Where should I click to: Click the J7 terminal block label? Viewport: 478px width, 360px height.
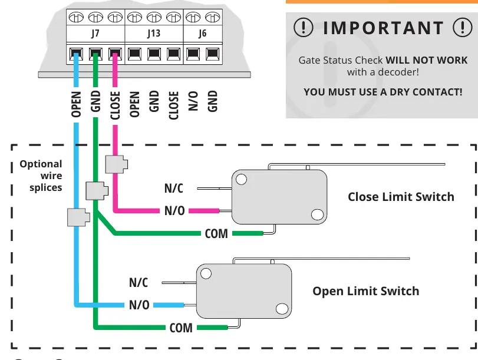pos(95,33)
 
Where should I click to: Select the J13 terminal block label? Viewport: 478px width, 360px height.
pos(154,33)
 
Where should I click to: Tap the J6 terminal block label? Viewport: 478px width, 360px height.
pos(202,33)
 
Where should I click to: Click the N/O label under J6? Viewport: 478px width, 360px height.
pos(193,101)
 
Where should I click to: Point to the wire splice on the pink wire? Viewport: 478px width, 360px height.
pos(117,164)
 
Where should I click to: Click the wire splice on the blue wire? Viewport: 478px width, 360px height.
pos(78,217)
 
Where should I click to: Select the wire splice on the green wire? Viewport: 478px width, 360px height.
pos(97,191)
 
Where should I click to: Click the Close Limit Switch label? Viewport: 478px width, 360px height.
pos(401,197)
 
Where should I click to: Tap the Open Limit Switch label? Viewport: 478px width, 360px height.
pos(366,291)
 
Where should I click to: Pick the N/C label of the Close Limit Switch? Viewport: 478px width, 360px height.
pos(173,189)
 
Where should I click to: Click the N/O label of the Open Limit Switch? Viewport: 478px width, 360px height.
pos(139,305)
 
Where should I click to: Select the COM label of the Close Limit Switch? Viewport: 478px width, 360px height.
pos(216,234)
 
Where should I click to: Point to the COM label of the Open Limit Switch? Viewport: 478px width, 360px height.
pos(181,328)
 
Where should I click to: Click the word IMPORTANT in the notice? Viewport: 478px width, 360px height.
pos(383,28)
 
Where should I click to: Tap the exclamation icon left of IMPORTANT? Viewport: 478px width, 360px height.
pos(304,28)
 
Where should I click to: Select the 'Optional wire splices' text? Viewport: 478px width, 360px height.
pos(41,176)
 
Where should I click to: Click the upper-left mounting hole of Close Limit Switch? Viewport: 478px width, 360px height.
pos(241,179)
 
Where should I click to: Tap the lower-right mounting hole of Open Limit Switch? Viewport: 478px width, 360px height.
pos(282,309)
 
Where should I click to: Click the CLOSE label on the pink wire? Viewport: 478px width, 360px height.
pos(115,105)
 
